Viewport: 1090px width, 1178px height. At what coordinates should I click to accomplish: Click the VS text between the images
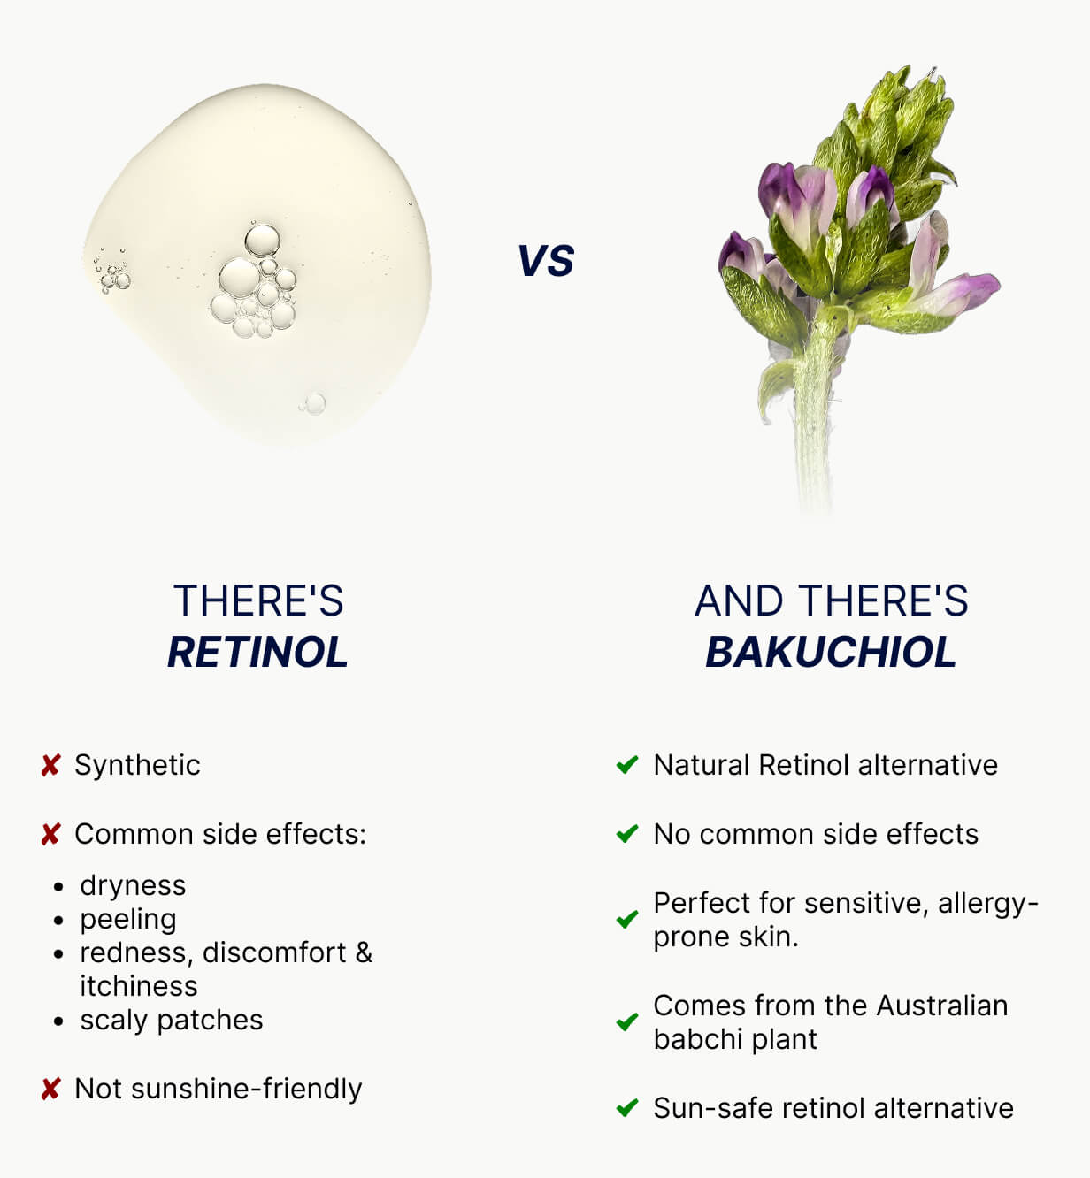546,261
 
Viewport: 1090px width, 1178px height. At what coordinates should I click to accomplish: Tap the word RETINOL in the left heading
257,652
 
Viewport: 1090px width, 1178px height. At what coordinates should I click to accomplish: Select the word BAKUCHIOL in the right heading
831,652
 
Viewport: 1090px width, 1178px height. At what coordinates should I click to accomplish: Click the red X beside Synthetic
50,765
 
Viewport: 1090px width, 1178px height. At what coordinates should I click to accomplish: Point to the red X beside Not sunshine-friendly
50,1089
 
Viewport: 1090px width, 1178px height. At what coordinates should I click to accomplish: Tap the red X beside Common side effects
50,834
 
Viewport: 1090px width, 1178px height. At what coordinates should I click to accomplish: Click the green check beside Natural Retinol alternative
627,765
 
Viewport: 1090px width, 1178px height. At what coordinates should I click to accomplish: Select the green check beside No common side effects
627,834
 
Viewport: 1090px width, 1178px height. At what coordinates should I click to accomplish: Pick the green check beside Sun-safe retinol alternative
627,1108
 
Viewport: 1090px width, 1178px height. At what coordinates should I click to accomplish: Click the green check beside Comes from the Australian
627,1022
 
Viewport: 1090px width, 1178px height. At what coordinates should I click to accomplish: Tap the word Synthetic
137,765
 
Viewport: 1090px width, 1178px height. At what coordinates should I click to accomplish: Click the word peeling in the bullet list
128,920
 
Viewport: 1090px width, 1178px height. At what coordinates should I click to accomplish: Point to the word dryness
133,885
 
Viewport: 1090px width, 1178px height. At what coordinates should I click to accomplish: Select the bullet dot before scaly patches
58,1021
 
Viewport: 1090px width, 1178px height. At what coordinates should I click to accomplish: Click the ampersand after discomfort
364,952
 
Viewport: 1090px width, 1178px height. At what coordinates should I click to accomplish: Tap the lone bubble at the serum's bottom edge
314,404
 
